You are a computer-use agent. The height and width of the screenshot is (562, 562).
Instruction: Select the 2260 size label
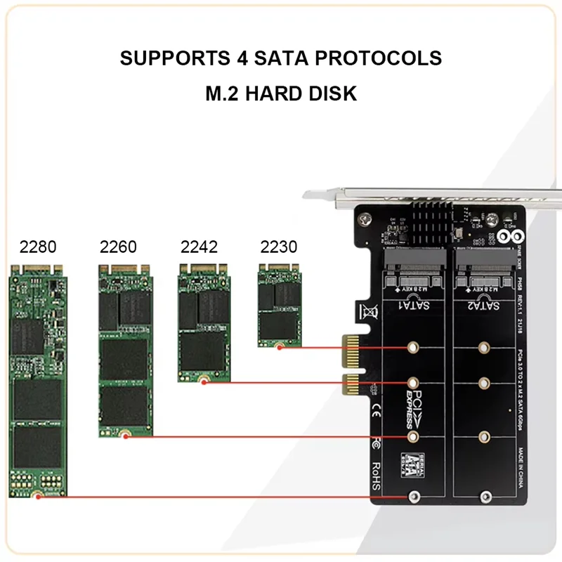pyautogui.click(x=118, y=247)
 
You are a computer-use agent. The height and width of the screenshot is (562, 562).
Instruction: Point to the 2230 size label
pyautogui.click(x=279, y=247)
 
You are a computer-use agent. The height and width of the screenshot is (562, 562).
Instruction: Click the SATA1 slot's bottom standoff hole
pyautogui.click(x=413, y=497)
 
